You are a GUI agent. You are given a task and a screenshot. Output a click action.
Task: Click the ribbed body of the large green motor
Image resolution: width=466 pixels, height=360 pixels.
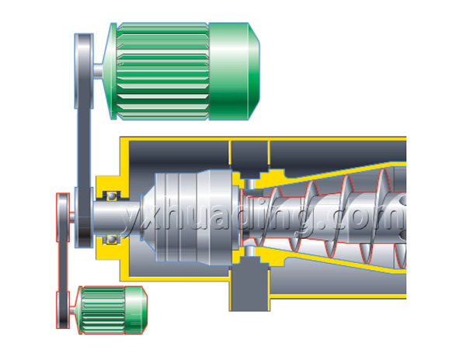[163, 71]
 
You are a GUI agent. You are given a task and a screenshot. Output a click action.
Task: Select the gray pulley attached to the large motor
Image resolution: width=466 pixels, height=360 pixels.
[84, 71]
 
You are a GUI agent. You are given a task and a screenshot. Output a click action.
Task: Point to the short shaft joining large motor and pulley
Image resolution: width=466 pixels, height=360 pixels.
[98, 71]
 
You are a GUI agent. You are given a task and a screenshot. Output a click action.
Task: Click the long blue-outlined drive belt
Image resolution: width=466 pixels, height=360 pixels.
[85, 148]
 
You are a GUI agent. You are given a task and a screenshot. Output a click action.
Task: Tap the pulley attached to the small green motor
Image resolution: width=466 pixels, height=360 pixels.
[63, 310]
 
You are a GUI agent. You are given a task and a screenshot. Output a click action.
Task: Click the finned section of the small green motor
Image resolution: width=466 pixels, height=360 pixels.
[103, 310]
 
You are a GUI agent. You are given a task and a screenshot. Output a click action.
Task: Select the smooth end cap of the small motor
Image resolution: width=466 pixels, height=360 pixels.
[135, 310]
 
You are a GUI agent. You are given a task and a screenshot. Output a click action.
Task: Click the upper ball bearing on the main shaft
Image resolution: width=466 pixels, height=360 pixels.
[111, 196]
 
